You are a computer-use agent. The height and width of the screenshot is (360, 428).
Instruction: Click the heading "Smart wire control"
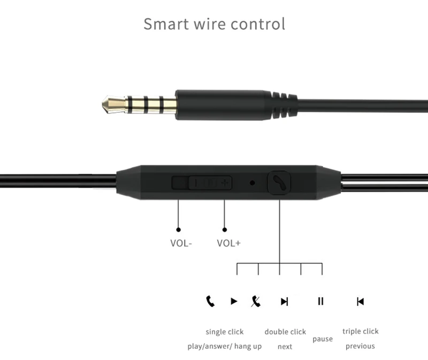(x=214, y=24)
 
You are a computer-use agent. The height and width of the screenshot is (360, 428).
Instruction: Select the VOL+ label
(x=228, y=243)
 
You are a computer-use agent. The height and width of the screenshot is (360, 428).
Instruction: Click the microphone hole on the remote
(x=252, y=182)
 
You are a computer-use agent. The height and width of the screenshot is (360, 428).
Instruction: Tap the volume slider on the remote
(x=202, y=182)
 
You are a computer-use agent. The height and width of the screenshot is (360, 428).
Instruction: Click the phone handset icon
(x=210, y=301)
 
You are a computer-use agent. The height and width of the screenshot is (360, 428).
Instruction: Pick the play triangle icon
(x=234, y=301)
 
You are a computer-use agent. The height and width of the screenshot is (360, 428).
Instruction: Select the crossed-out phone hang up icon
(x=256, y=301)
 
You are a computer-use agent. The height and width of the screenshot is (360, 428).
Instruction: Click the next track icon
(x=284, y=302)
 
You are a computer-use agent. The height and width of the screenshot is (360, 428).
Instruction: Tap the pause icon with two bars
(x=320, y=301)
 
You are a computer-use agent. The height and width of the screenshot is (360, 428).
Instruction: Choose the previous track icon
(x=360, y=302)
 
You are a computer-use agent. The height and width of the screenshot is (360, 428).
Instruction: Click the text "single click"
(x=224, y=332)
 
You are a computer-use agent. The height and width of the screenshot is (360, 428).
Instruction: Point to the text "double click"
(x=285, y=332)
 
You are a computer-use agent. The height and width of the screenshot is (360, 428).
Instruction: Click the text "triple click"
(x=360, y=331)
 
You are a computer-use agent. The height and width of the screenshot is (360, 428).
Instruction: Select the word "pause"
(x=323, y=339)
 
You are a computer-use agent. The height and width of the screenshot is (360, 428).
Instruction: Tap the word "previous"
(x=360, y=346)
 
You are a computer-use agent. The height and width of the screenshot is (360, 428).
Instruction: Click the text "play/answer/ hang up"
(x=224, y=346)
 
